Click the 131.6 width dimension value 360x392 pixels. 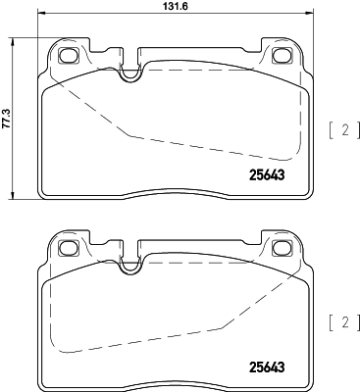pyautogui.click(x=174, y=8)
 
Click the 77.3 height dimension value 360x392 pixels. pyautogui.click(x=8, y=103)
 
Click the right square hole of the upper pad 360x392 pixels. pyautogui.click(x=283, y=55)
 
